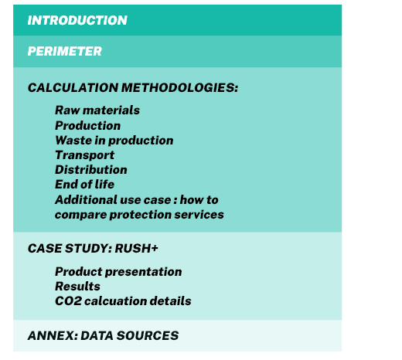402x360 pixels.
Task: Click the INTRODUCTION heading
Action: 77,20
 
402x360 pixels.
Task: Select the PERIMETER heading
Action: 65,51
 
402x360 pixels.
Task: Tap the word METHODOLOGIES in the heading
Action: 179,87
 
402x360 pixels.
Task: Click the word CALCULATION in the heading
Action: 73,87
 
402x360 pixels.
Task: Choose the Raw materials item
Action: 97,110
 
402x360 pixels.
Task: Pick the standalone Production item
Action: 88,126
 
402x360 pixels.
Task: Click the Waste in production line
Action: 114,141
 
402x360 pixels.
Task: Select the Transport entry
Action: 84,155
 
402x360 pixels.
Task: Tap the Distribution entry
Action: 91,170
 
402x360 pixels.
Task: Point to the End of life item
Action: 84,185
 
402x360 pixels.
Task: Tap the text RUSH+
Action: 136,248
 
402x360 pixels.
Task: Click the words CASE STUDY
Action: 70,248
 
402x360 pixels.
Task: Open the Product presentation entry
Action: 118,272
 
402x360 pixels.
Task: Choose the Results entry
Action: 77,287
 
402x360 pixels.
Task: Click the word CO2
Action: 68,301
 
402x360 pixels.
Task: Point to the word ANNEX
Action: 53,335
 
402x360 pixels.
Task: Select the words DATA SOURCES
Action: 130,335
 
